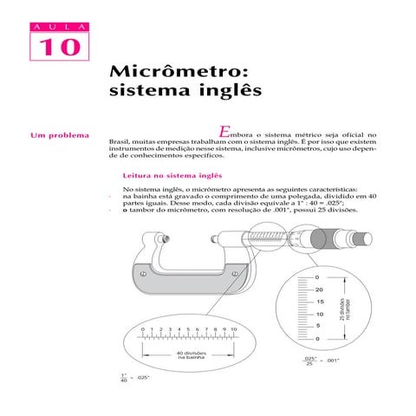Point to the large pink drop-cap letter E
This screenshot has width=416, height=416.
(225, 132)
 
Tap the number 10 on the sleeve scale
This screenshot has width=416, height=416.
(235, 330)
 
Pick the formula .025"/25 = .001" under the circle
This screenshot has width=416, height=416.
(320, 360)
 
